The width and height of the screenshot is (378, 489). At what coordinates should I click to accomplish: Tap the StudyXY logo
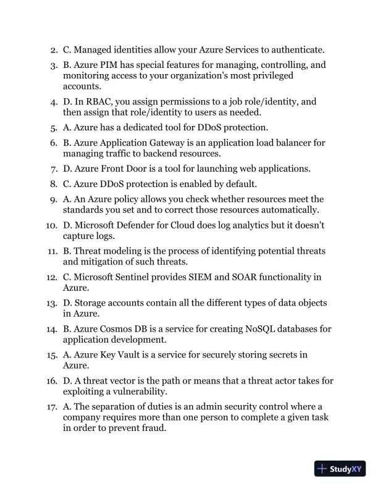pyautogui.click(x=339, y=469)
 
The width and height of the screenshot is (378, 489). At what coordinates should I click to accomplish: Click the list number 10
pyautogui.click(x=51, y=225)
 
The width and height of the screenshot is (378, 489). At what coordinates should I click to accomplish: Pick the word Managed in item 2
pyautogui.click(x=93, y=49)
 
